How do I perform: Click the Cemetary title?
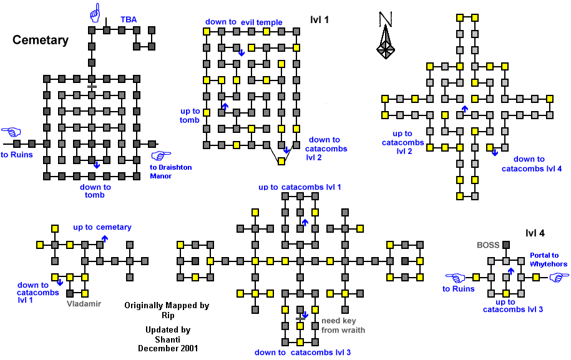click(x=41, y=41)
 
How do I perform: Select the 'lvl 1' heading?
click(x=319, y=20)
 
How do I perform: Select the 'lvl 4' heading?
click(x=535, y=233)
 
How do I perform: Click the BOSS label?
click(x=488, y=245)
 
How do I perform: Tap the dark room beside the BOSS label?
click(x=507, y=245)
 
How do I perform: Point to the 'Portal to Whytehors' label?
click(x=549, y=259)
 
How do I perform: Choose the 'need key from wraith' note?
click(x=343, y=326)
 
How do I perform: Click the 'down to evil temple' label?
click(x=243, y=22)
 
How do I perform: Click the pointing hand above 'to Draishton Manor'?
click(x=160, y=156)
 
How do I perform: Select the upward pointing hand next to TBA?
click(x=95, y=12)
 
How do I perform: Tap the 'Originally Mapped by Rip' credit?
click(x=166, y=310)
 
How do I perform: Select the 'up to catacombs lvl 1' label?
click(x=300, y=187)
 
